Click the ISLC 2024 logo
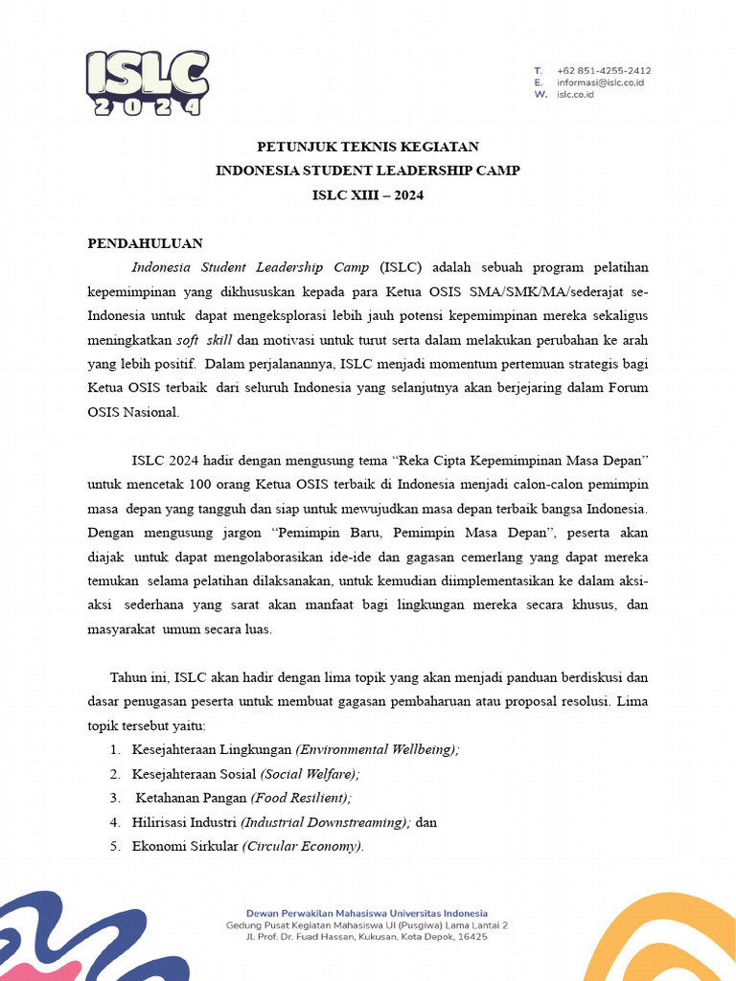pyautogui.click(x=147, y=83)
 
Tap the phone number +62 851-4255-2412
pyautogui.click(x=603, y=71)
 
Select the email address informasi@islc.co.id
pyautogui.click(x=600, y=82)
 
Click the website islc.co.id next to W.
pyautogui.click(x=575, y=95)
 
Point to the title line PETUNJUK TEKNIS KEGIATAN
pyautogui.click(x=367, y=147)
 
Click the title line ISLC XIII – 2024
pyautogui.click(x=367, y=194)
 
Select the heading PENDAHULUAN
pyautogui.click(x=145, y=243)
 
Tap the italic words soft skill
pyautogui.click(x=204, y=340)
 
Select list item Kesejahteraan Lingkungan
pyautogui.click(x=212, y=750)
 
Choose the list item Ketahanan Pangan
pyautogui.click(x=191, y=798)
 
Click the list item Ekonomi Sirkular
pyautogui.click(x=186, y=846)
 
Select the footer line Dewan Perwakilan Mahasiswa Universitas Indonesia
pyautogui.click(x=367, y=913)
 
